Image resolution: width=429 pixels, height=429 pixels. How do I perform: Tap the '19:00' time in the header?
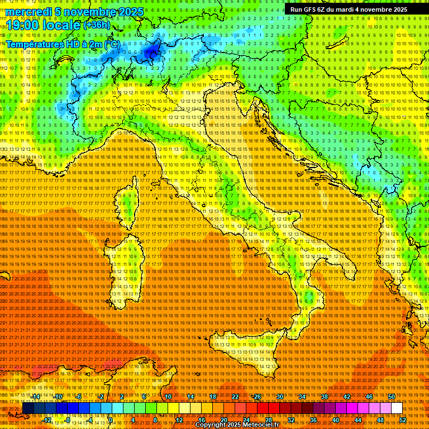(23, 25)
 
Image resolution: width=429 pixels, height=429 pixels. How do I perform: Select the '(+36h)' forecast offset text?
(97, 25)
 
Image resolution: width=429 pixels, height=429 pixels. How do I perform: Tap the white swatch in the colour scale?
(397, 408)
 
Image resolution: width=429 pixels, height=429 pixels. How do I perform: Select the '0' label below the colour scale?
(111, 420)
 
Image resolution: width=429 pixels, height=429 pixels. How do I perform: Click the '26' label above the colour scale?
(258, 397)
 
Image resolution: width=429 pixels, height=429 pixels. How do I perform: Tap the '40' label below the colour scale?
(336, 420)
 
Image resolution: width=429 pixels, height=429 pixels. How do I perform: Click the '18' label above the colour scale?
(213, 397)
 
